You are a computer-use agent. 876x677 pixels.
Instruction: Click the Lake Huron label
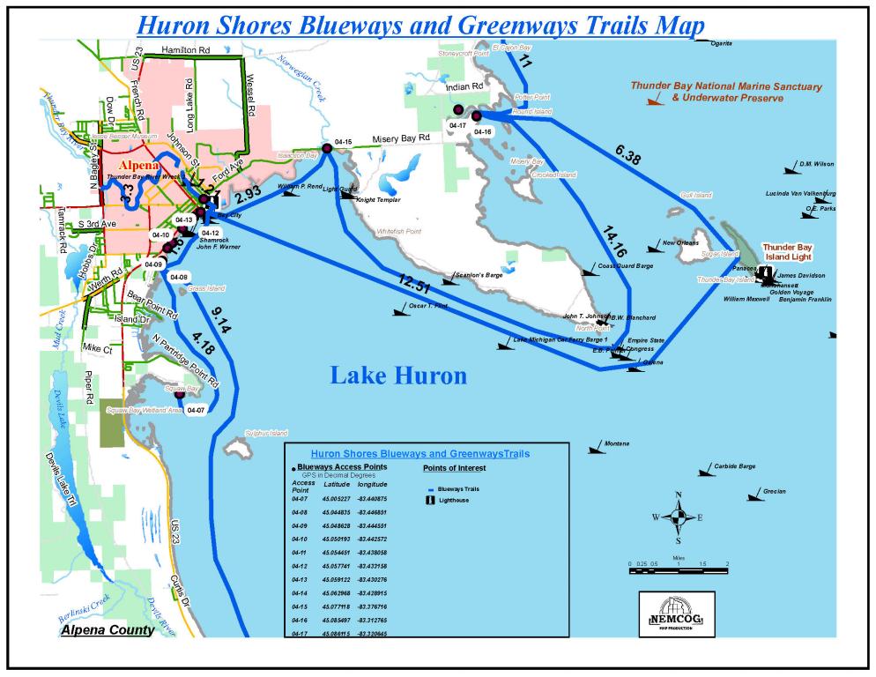coord(398,376)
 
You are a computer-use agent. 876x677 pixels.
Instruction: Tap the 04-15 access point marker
coord(327,149)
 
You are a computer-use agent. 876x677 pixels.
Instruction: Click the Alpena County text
coord(106,630)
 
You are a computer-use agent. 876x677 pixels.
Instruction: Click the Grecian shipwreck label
coord(775,491)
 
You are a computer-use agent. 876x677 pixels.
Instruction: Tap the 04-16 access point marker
coord(476,116)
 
